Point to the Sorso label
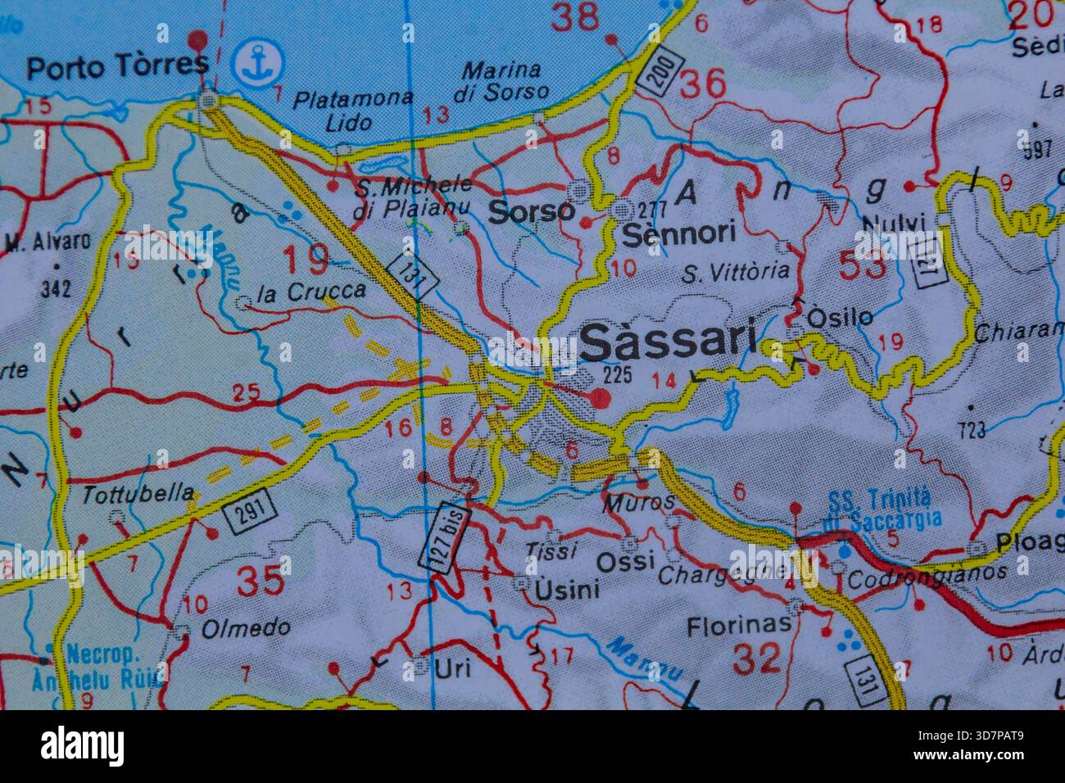(532, 211)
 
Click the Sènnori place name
(679, 233)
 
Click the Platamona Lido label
(352, 111)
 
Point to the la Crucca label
(310, 291)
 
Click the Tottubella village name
(139, 494)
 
